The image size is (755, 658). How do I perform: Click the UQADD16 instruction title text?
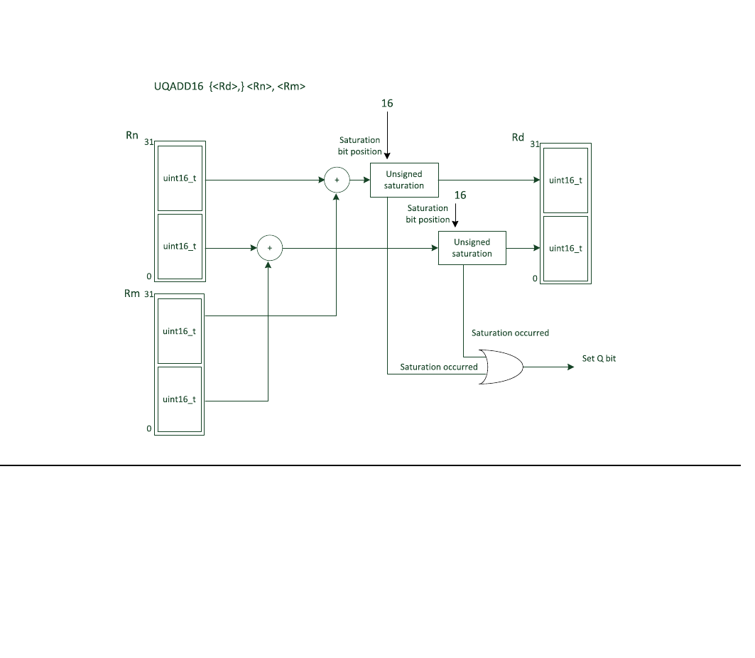click(229, 87)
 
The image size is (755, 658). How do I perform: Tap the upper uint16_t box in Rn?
click(180, 178)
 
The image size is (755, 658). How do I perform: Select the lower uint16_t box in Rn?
click(180, 246)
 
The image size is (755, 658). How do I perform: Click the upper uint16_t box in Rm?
click(180, 331)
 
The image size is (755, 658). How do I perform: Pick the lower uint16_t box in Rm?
click(180, 399)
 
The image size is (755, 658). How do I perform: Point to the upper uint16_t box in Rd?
click(565, 180)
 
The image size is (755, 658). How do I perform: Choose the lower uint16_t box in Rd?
click(565, 248)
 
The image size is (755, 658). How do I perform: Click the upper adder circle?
click(337, 180)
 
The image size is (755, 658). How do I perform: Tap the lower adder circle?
click(269, 248)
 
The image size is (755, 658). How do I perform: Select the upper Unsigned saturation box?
click(404, 180)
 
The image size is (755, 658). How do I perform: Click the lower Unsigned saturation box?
click(472, 248)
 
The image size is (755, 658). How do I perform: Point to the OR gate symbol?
click(500, 367)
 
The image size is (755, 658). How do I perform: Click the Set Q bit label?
click(599, 359)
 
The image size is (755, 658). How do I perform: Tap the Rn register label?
click(132, 135)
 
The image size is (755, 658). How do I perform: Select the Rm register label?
click(132, 293)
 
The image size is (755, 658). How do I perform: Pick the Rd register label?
click(518, 137)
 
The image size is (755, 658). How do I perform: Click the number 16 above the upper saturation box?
click(387, 104)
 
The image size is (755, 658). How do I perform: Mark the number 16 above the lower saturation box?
click(460, 195)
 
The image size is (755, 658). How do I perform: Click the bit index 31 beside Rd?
click(534, 144)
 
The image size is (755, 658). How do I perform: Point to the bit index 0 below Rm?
click(149, 428)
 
